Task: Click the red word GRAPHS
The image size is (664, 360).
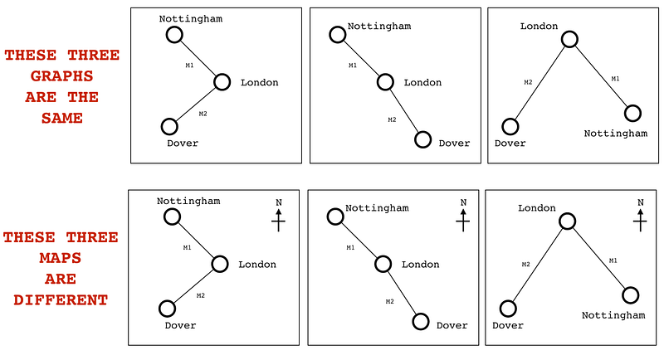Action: point(61,76)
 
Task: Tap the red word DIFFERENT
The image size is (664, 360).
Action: point(61,300)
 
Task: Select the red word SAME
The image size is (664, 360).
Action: point(61,118)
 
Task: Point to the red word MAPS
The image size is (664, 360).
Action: point(61,258)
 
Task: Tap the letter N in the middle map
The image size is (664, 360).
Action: point(462,202)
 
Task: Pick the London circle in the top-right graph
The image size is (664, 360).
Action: point(569,39)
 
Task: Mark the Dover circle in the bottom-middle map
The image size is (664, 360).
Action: point(421,322)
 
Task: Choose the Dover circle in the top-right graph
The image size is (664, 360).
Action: point(510,127)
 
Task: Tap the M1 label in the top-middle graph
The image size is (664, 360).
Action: point(353,66)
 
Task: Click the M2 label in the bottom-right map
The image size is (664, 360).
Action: point(525,265)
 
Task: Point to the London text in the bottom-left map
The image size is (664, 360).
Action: point(257,265)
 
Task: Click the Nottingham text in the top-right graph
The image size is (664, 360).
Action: point(615,133)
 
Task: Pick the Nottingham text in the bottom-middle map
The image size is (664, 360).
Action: point(377,208)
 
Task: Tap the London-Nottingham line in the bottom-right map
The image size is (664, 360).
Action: point(599,258)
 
